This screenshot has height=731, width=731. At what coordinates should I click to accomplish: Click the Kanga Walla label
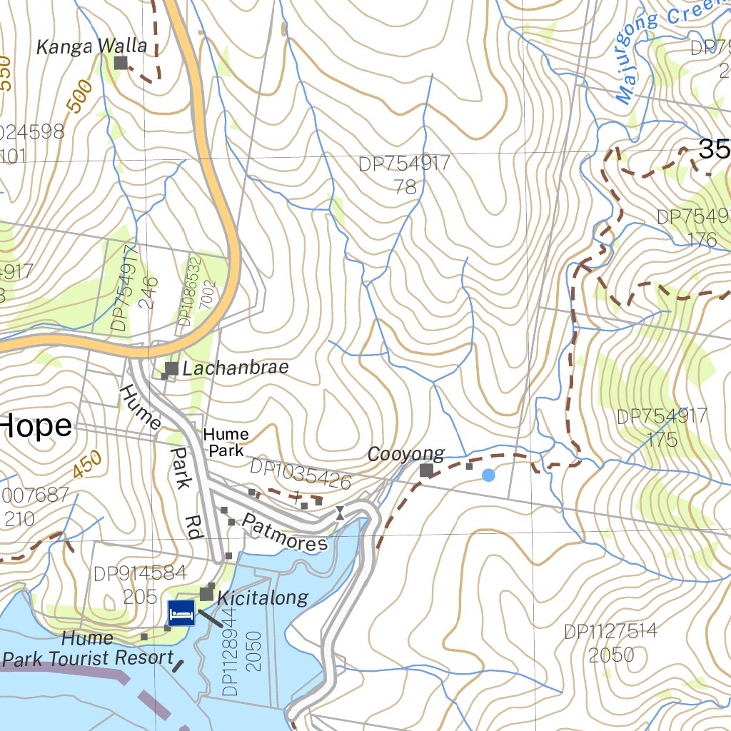(x=91, y=47)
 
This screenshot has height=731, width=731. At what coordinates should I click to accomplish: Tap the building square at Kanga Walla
(x=121, y=64)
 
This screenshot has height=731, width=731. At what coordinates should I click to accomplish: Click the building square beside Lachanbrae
(x=171, y=369)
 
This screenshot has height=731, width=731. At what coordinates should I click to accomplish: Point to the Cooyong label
(x=405, y=454)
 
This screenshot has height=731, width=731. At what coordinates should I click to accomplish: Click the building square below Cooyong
(x=426, y=470)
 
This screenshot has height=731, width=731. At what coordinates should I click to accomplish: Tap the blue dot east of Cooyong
(x=488, y=475)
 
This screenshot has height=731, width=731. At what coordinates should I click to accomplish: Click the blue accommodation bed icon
(x=181, y=613)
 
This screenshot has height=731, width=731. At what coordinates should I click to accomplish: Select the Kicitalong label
(x=263, y=598)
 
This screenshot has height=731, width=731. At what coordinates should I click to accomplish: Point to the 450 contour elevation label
(x=87, y=466)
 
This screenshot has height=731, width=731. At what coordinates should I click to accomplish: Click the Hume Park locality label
(x=226, y=443)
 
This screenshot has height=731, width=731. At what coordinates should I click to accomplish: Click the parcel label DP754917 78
(x=405, y=175)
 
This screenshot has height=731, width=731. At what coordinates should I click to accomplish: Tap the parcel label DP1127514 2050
(x=610, y=642)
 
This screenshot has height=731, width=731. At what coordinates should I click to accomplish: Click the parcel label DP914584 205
(x=140, y=584)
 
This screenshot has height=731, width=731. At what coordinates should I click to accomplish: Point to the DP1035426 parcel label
(x=301, y=475)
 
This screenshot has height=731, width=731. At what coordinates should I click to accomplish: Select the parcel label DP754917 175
(x=662, y=427)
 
